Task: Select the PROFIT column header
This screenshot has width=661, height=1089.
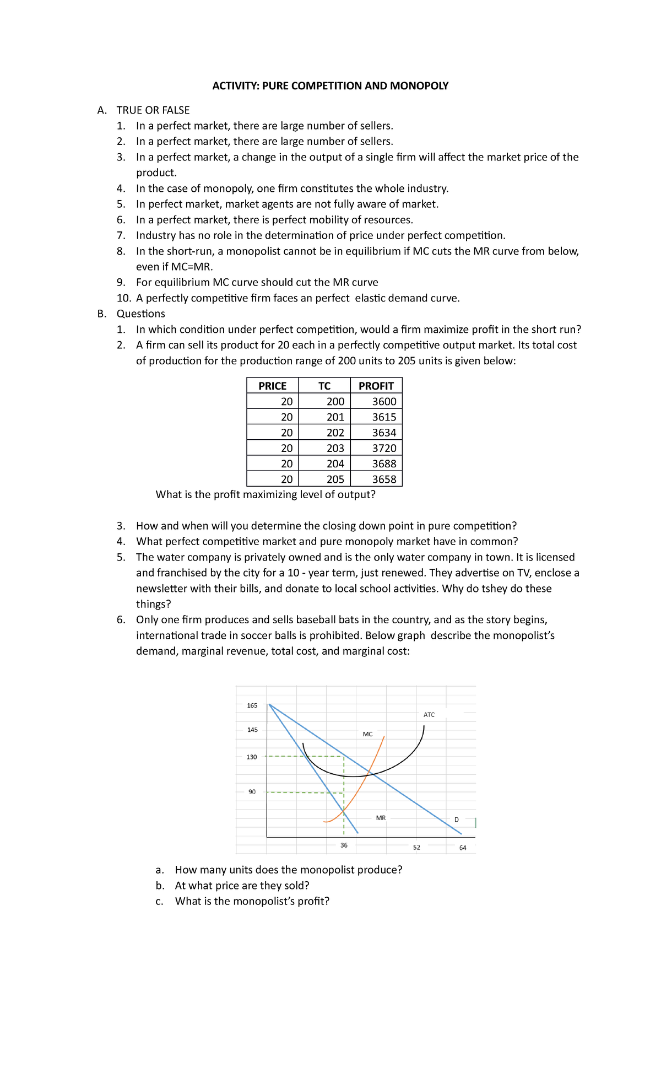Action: [x=376, y=386]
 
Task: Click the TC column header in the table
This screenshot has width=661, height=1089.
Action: [x=324, y=386]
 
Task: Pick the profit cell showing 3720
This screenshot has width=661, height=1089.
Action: [x=384, y=448]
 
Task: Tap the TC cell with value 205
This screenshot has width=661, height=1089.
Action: [x=335, y=479]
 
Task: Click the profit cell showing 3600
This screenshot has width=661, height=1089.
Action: [x=384, y=402]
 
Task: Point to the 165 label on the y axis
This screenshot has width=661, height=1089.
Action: [x=252, y=705]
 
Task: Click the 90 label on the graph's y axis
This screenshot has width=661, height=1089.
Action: [x=252, y=792]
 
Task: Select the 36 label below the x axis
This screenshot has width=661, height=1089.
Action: [x=344, y=845]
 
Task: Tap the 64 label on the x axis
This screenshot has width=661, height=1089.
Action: [x=463, y=848]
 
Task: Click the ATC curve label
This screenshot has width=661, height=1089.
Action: [x=429, y=715]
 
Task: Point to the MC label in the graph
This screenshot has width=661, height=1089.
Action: [x=367, y=734]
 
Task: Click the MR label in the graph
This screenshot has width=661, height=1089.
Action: [x=381, y=818]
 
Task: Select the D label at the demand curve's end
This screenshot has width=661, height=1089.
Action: [x=456, y=820]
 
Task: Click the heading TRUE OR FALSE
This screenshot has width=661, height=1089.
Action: [x=153, y=110]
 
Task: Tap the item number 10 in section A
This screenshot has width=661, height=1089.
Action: [x=123, y=298]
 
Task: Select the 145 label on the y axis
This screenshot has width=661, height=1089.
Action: [x=252, y=730]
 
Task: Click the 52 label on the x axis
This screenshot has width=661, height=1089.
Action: [x=416, y=848]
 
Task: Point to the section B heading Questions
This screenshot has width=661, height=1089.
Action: [x=140, y=314]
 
